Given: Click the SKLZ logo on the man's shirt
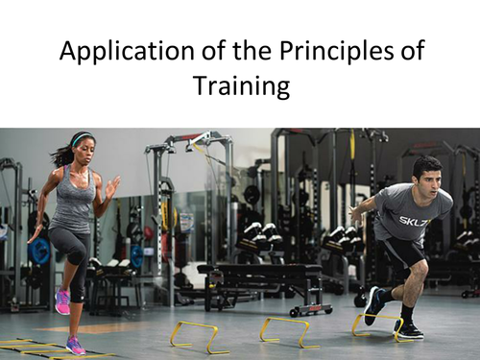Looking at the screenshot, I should click(415, 220).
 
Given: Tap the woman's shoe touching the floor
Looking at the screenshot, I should click(75, 345).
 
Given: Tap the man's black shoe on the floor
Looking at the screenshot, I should click(411, 329).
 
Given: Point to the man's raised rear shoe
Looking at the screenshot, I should click(372, 305).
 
